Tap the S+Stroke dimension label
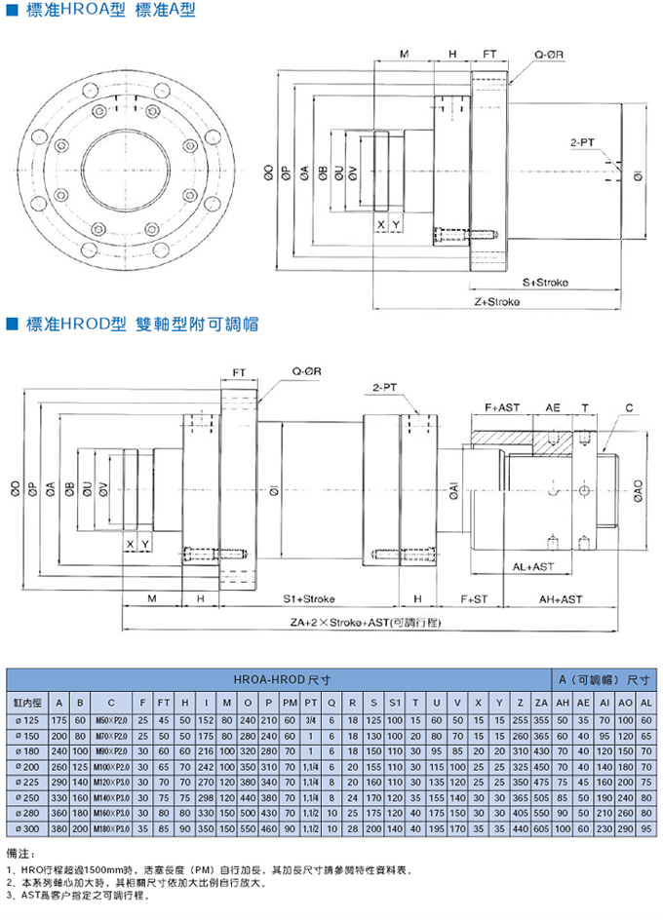[x=545, y=283]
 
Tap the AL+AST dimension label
[x=534, y=565]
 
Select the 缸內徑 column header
[x=24, y=702]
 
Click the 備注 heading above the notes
[x=19, y=853]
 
